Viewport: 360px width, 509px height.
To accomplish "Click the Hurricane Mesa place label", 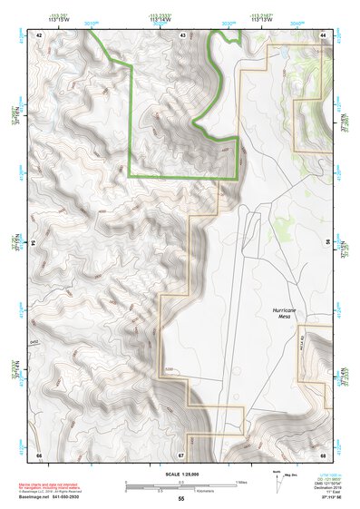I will pyautogui.click(x=285, y=314).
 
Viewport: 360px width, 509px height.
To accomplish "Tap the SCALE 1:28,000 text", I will pyautogui.click(x=181, y=475).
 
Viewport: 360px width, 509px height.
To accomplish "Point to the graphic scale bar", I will pyautogui.click(x=180, y=485).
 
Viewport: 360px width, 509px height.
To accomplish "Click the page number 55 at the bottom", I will pyautogui.click(x=181, y=499).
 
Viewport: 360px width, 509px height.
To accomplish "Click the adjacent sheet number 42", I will pyautogui.click(x=39, y=34).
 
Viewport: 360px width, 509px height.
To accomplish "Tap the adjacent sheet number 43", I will pyautogui.click(x=183, y=34).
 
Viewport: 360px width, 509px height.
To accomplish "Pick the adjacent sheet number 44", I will pyautogui.click(x=323, y=34).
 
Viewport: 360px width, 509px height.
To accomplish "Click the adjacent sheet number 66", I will pyautogui.click(x=39, y=454).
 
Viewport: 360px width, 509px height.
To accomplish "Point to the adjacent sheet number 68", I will pyautogui.click(x=323, y=454).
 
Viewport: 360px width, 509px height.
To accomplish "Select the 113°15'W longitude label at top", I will pyautogui.click(x=61, y=19).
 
